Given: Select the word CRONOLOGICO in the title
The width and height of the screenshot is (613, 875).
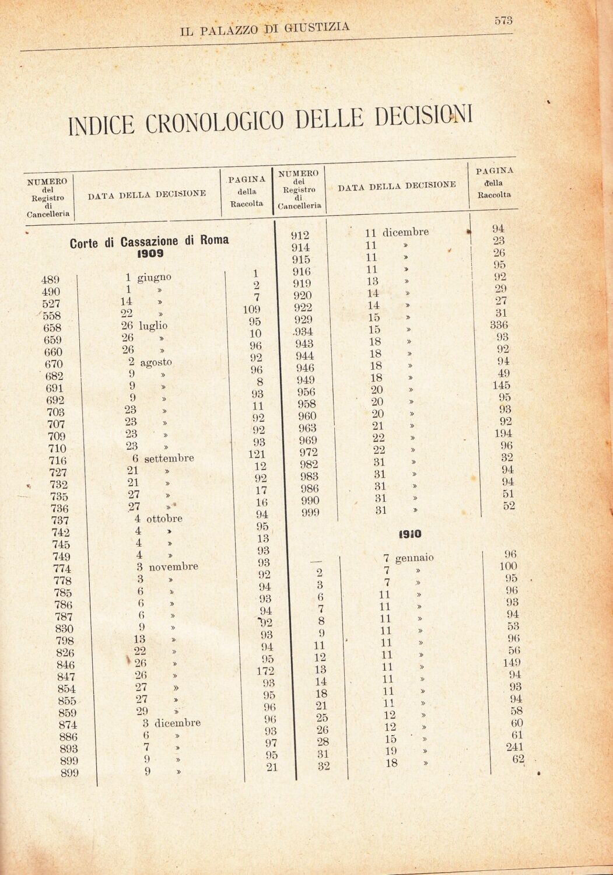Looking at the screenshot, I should coord(216,121).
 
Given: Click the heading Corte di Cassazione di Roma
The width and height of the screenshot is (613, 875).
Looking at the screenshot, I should coord(149,242).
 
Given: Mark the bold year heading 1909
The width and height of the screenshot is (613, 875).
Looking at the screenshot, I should coord(150,255).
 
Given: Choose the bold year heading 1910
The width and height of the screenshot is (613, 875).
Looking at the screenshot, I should coord(411,533).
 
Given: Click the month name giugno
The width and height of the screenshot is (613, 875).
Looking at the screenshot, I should coord(155,277).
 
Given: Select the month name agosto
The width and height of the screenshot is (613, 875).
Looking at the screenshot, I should coord(156,362).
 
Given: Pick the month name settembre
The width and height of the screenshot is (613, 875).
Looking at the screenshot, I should coord(169,459).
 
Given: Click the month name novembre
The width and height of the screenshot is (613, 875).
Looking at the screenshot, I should coord(173,566).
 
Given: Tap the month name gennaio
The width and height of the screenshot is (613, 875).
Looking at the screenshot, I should coord(414,558).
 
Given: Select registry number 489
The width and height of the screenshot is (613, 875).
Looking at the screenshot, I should coord(51,279).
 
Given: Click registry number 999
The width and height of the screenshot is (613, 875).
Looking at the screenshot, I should coord(311,513).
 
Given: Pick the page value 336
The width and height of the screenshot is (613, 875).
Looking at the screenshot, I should coord(499,325).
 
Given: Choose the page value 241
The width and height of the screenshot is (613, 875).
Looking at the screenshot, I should coord(512,747).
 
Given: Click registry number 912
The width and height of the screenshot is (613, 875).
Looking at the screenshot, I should coord(300,236).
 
